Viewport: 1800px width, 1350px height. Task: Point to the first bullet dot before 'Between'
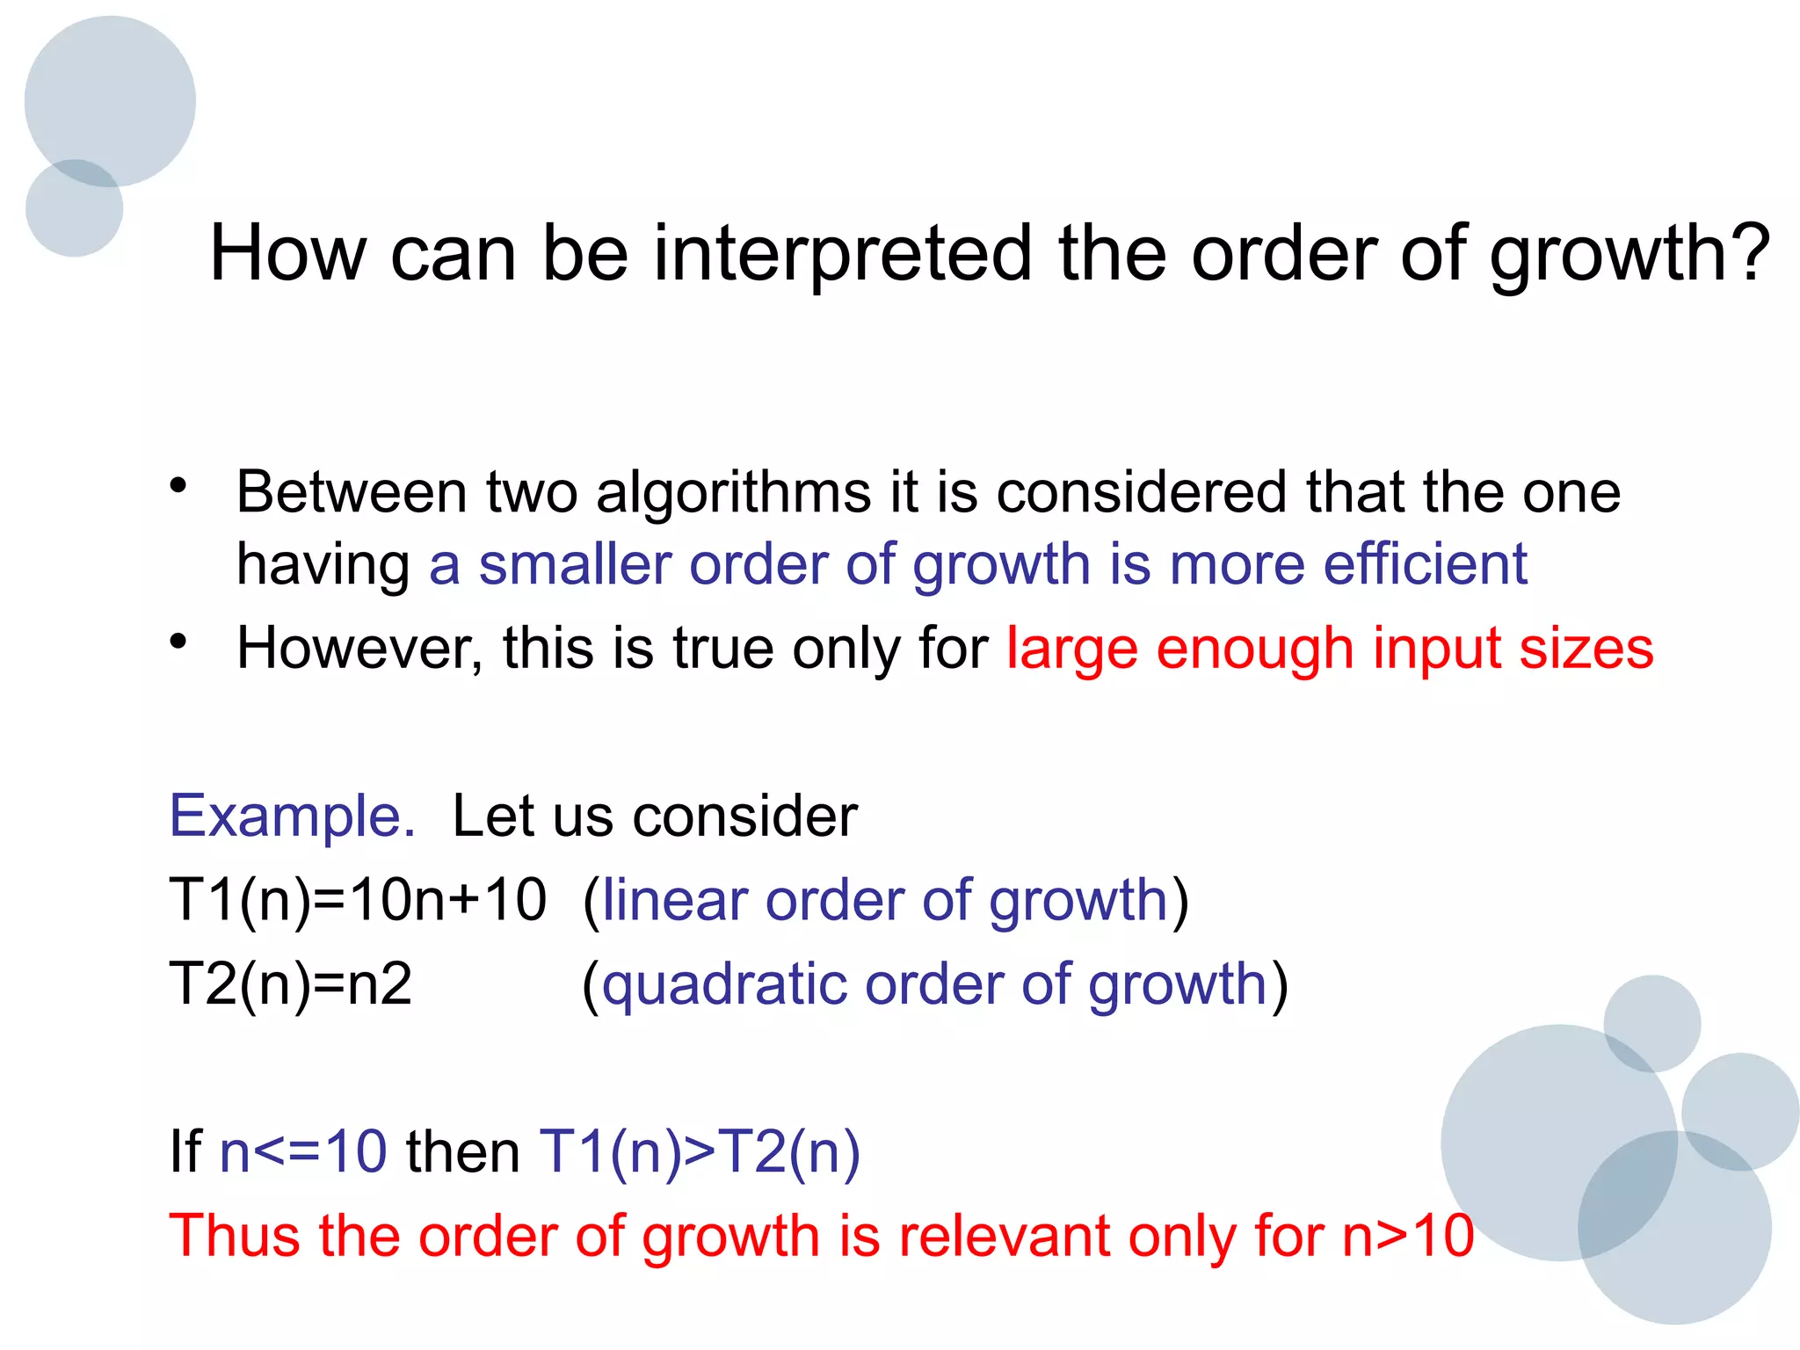coord(179,485)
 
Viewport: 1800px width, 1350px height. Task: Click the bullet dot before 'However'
coord(179,642)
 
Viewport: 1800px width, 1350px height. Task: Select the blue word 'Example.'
coord(292,816)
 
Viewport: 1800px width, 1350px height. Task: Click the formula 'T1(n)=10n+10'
coord(358,900)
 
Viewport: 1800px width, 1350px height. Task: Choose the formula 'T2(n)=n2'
coord(290,983)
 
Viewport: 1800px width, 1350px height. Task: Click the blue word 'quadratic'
coord(724,983)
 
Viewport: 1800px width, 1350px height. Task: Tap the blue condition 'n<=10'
coord(303,1151)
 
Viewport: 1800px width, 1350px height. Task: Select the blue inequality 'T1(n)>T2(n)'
coord(700,1151)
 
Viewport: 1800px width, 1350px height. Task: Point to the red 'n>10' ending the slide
coord(1408,1236)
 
